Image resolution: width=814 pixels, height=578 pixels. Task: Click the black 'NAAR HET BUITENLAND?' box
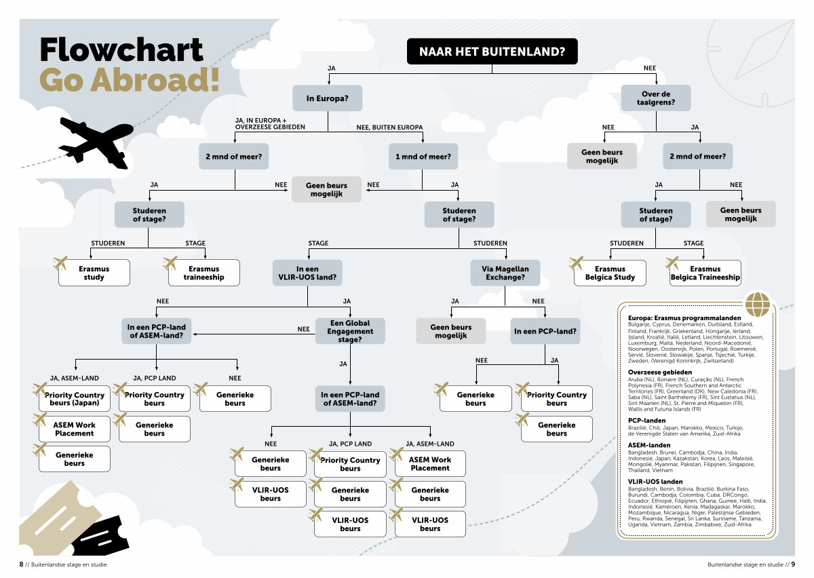pos(492,52)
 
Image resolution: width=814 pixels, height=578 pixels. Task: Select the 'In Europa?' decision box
pos(328,98)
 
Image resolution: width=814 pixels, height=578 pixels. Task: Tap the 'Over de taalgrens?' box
pos(656,98)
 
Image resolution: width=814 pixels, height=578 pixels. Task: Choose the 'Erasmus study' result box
pos(94,273)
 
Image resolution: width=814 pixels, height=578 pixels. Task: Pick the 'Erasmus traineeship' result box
pos(203,273)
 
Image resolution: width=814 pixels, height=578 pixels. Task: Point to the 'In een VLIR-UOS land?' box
pos(307,273)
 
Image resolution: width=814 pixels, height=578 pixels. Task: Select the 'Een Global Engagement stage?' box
pos(350,331)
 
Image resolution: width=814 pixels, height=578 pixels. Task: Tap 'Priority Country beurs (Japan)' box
pos(75,399)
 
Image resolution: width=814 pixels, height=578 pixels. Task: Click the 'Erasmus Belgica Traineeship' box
pos(705,273)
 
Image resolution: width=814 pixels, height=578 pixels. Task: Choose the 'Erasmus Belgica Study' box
pos(610,273)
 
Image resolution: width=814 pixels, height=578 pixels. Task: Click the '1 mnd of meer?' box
pos(423,156)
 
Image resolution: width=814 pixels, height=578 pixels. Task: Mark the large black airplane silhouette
pos(95,139)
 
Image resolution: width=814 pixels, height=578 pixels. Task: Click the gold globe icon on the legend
pos(758,303)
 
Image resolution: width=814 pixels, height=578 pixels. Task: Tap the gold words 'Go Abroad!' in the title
pos(129,79)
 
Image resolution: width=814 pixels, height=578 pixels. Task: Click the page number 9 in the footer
pos(792,564)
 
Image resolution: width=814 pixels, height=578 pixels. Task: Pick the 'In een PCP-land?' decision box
pos(545,331)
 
